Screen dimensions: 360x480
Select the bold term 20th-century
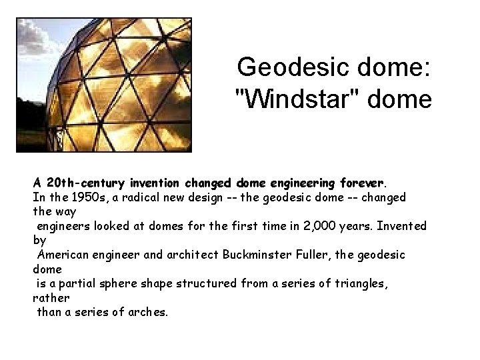pos(76,183)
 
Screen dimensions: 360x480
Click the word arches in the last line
pos(147,311)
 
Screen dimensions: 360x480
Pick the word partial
pos(75,283)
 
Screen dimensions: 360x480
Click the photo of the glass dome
pos(104,84)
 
